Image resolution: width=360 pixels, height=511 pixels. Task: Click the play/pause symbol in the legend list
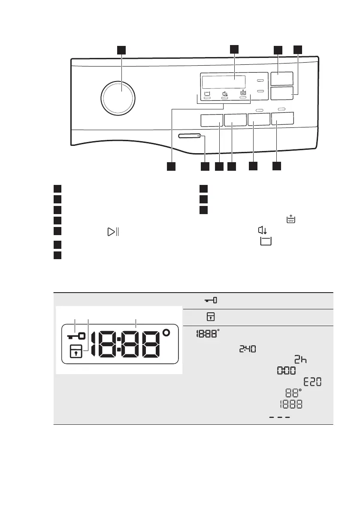(113, 232)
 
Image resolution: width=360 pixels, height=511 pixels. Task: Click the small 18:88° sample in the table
(208, 334)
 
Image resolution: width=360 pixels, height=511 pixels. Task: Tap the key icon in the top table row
(211, 301)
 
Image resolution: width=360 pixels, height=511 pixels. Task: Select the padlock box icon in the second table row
(213, 317)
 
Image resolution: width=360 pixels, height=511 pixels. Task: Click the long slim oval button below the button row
(189, 136)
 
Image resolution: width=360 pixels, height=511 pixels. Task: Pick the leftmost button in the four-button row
(211, 121)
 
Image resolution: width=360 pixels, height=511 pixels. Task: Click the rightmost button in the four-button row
(283, 119)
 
